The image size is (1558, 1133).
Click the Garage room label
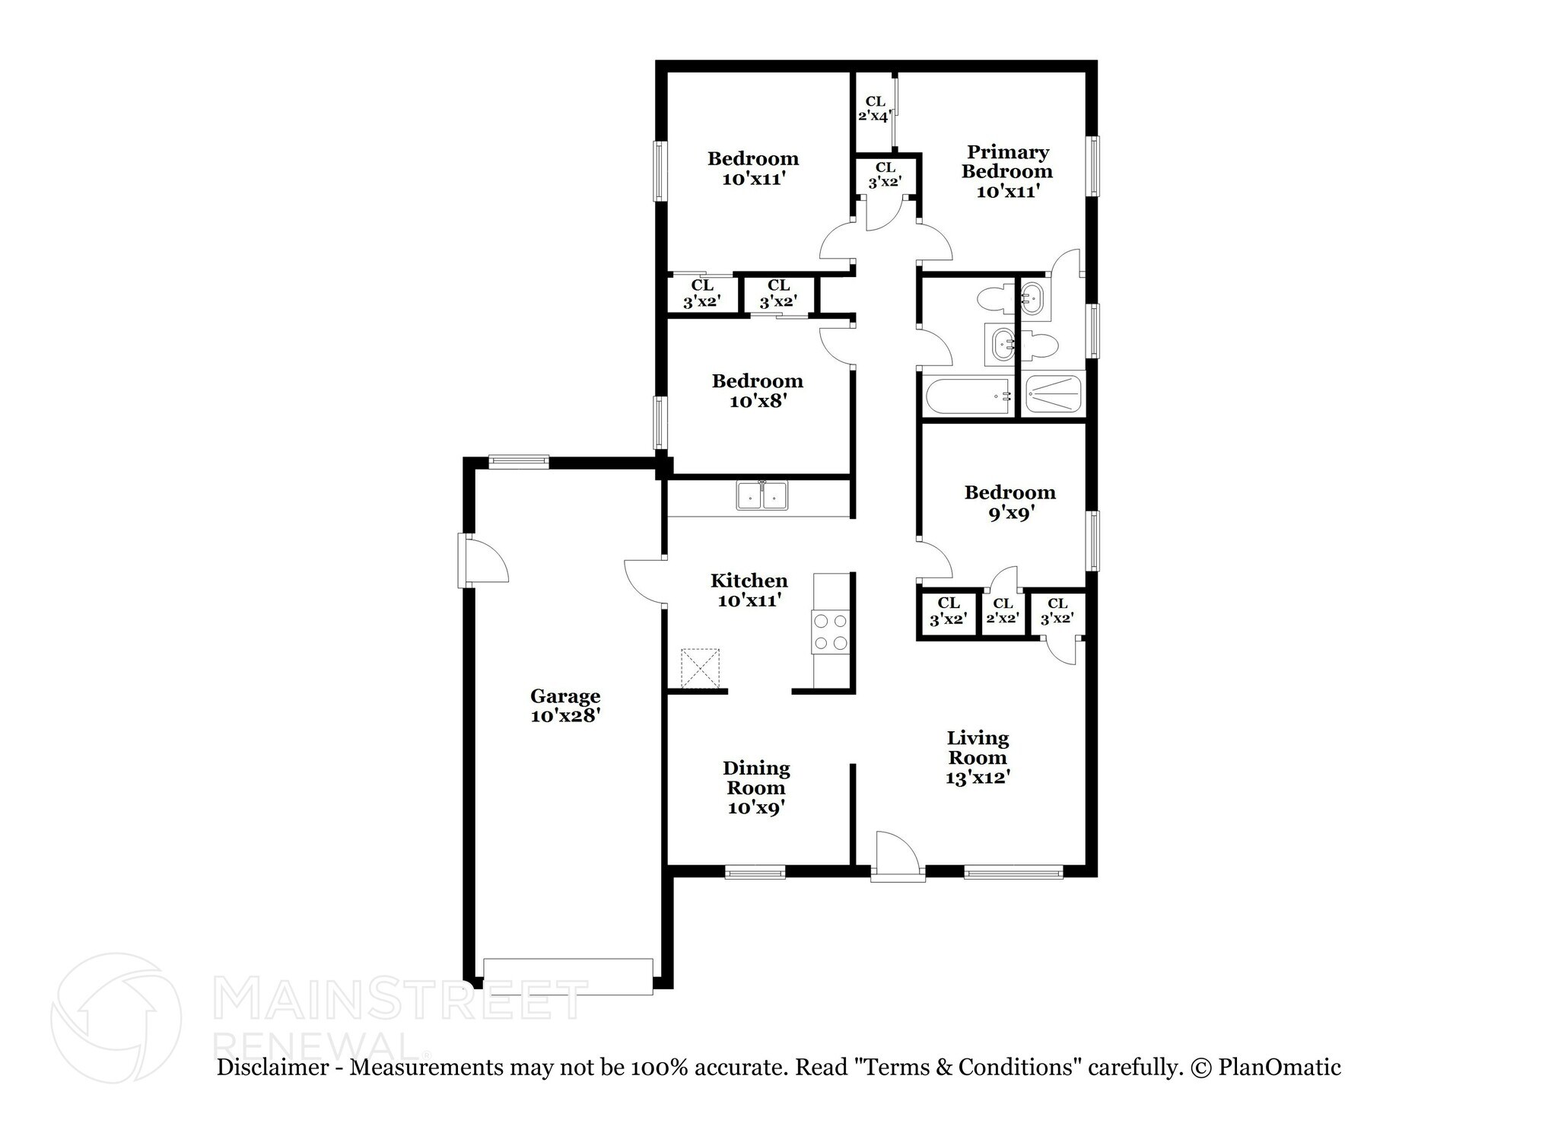pyautogui.click(x=565, y=705)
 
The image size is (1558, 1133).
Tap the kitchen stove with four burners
pyautogui.click(x=830, y=632)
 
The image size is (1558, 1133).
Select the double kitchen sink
pyautogui.click(x=762, y=496)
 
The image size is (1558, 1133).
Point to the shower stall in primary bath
pyautogui.click(x=1052, y=395)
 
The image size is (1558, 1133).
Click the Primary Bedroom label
pyautogui.click(x=1007, y=171)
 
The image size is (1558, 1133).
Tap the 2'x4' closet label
pyautogui.click(x=874, y=109)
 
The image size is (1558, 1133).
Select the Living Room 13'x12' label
pyautogui.click(x=978, y=757)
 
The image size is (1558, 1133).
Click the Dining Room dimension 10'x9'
pyautogui.click(x=755, y=808)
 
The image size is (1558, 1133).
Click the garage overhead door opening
pyautogui.click(x=568, y=976)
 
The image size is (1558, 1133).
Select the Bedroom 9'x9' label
pyautogui.click(x=1010, y=502)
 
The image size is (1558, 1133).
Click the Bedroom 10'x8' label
pyautogui.click(x=757, y=390)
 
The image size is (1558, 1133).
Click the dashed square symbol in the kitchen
pyautogui.click(x=700, y=668)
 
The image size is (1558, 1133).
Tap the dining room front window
pyautogui.click(x=755, y=873)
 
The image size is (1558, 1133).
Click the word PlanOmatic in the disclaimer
pyautogui.click(x=1280, y=1068)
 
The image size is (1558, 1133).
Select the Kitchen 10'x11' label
pyautogui.click(x=749, y=590)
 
